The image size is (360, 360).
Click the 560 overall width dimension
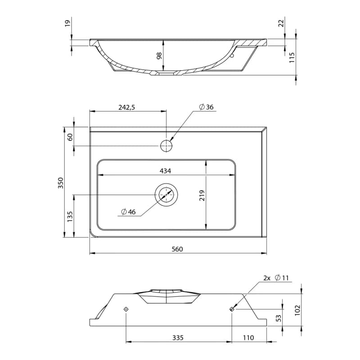point(177,249)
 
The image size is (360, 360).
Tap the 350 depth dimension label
point(60,183)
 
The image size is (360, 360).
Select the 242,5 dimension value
point(127,107)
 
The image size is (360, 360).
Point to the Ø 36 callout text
point(206,107)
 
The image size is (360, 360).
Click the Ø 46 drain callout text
point(128,211)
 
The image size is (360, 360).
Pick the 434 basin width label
point(165,171)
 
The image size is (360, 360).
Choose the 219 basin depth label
point(202,195)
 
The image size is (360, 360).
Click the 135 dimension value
point(70,216)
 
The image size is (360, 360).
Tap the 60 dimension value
point(70,137)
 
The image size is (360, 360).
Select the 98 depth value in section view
point(159,56)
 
